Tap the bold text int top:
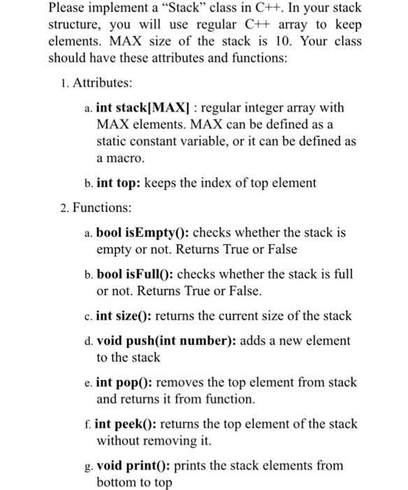(119, 183)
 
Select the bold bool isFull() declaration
(135, 273)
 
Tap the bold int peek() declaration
(124, 423)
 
